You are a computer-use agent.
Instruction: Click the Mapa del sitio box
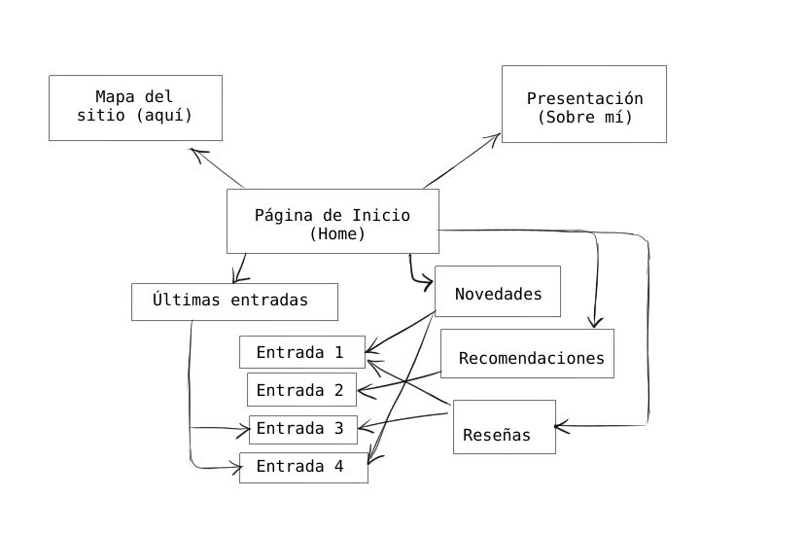[135, 107]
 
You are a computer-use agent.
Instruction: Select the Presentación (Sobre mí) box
[583, 104]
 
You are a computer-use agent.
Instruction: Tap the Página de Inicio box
[332, 221]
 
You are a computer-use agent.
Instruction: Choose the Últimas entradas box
[234, 302]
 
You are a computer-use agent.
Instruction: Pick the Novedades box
[498, 291]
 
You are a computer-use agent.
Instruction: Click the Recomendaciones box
[527, 353]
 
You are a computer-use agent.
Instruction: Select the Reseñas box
[504, 426]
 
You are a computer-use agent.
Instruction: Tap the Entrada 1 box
[302, 352]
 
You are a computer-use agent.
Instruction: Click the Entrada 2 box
[301, 390]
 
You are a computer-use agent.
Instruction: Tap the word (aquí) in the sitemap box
[164, 116]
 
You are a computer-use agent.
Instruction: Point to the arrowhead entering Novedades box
[428, 283]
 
